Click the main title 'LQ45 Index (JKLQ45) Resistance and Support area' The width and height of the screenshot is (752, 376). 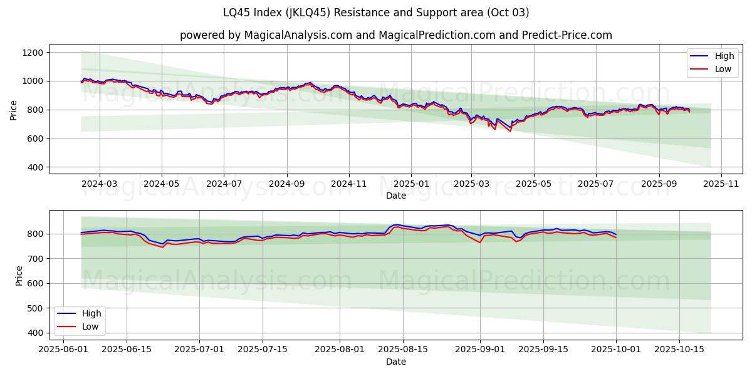click(376, 13)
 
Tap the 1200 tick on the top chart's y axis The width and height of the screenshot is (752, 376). click(32, 53)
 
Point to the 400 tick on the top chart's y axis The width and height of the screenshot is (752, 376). click(34, 167)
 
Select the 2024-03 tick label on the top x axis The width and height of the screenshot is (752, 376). click(100, 184)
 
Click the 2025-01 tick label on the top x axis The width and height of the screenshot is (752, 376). click(411, 184)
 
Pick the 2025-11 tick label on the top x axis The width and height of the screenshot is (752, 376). click(721, 184)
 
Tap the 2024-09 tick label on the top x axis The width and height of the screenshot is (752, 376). click(286, 184)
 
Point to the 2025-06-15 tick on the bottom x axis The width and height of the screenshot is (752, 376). click(127, 350)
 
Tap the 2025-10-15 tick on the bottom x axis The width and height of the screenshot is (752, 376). click(679, 350)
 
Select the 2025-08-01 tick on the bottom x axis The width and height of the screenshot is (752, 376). click(340, 350)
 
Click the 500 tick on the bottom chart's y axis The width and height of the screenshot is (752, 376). click(34, 308)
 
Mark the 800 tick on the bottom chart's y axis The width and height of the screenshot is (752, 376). click(34, 234)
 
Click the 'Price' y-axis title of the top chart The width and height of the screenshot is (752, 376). click(14, 110)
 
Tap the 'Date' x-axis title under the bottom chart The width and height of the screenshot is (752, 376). click(396, 362)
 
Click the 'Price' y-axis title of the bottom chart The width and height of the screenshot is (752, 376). click(19, 276)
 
